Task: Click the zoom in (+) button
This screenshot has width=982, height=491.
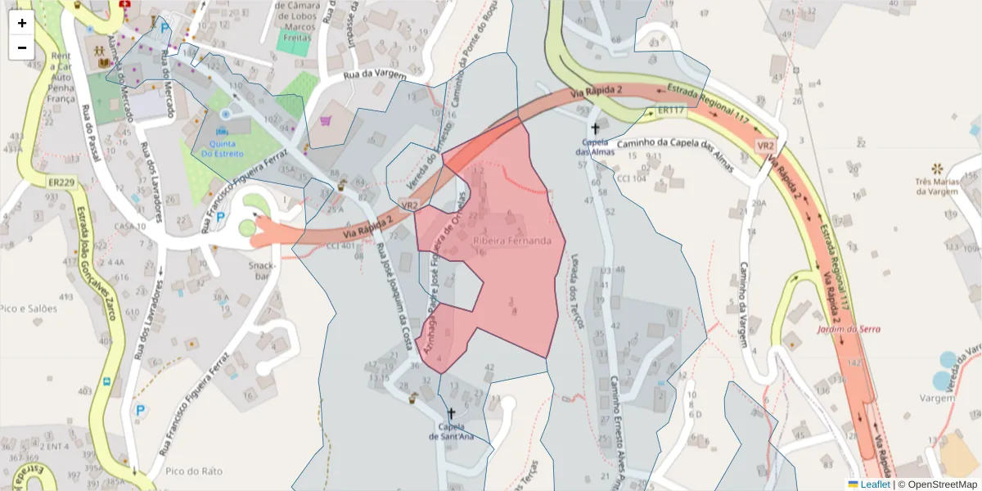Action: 22,23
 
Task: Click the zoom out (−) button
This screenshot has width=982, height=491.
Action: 22,47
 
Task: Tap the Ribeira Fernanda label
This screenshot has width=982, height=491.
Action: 518,241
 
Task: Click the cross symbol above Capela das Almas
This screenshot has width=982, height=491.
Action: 595,128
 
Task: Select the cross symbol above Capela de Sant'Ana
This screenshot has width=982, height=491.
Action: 451,414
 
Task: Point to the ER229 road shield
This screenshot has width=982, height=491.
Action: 62,183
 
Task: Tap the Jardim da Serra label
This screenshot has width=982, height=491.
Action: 848,329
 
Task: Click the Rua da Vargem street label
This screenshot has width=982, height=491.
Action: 375,76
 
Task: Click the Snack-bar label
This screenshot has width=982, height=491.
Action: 263,271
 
